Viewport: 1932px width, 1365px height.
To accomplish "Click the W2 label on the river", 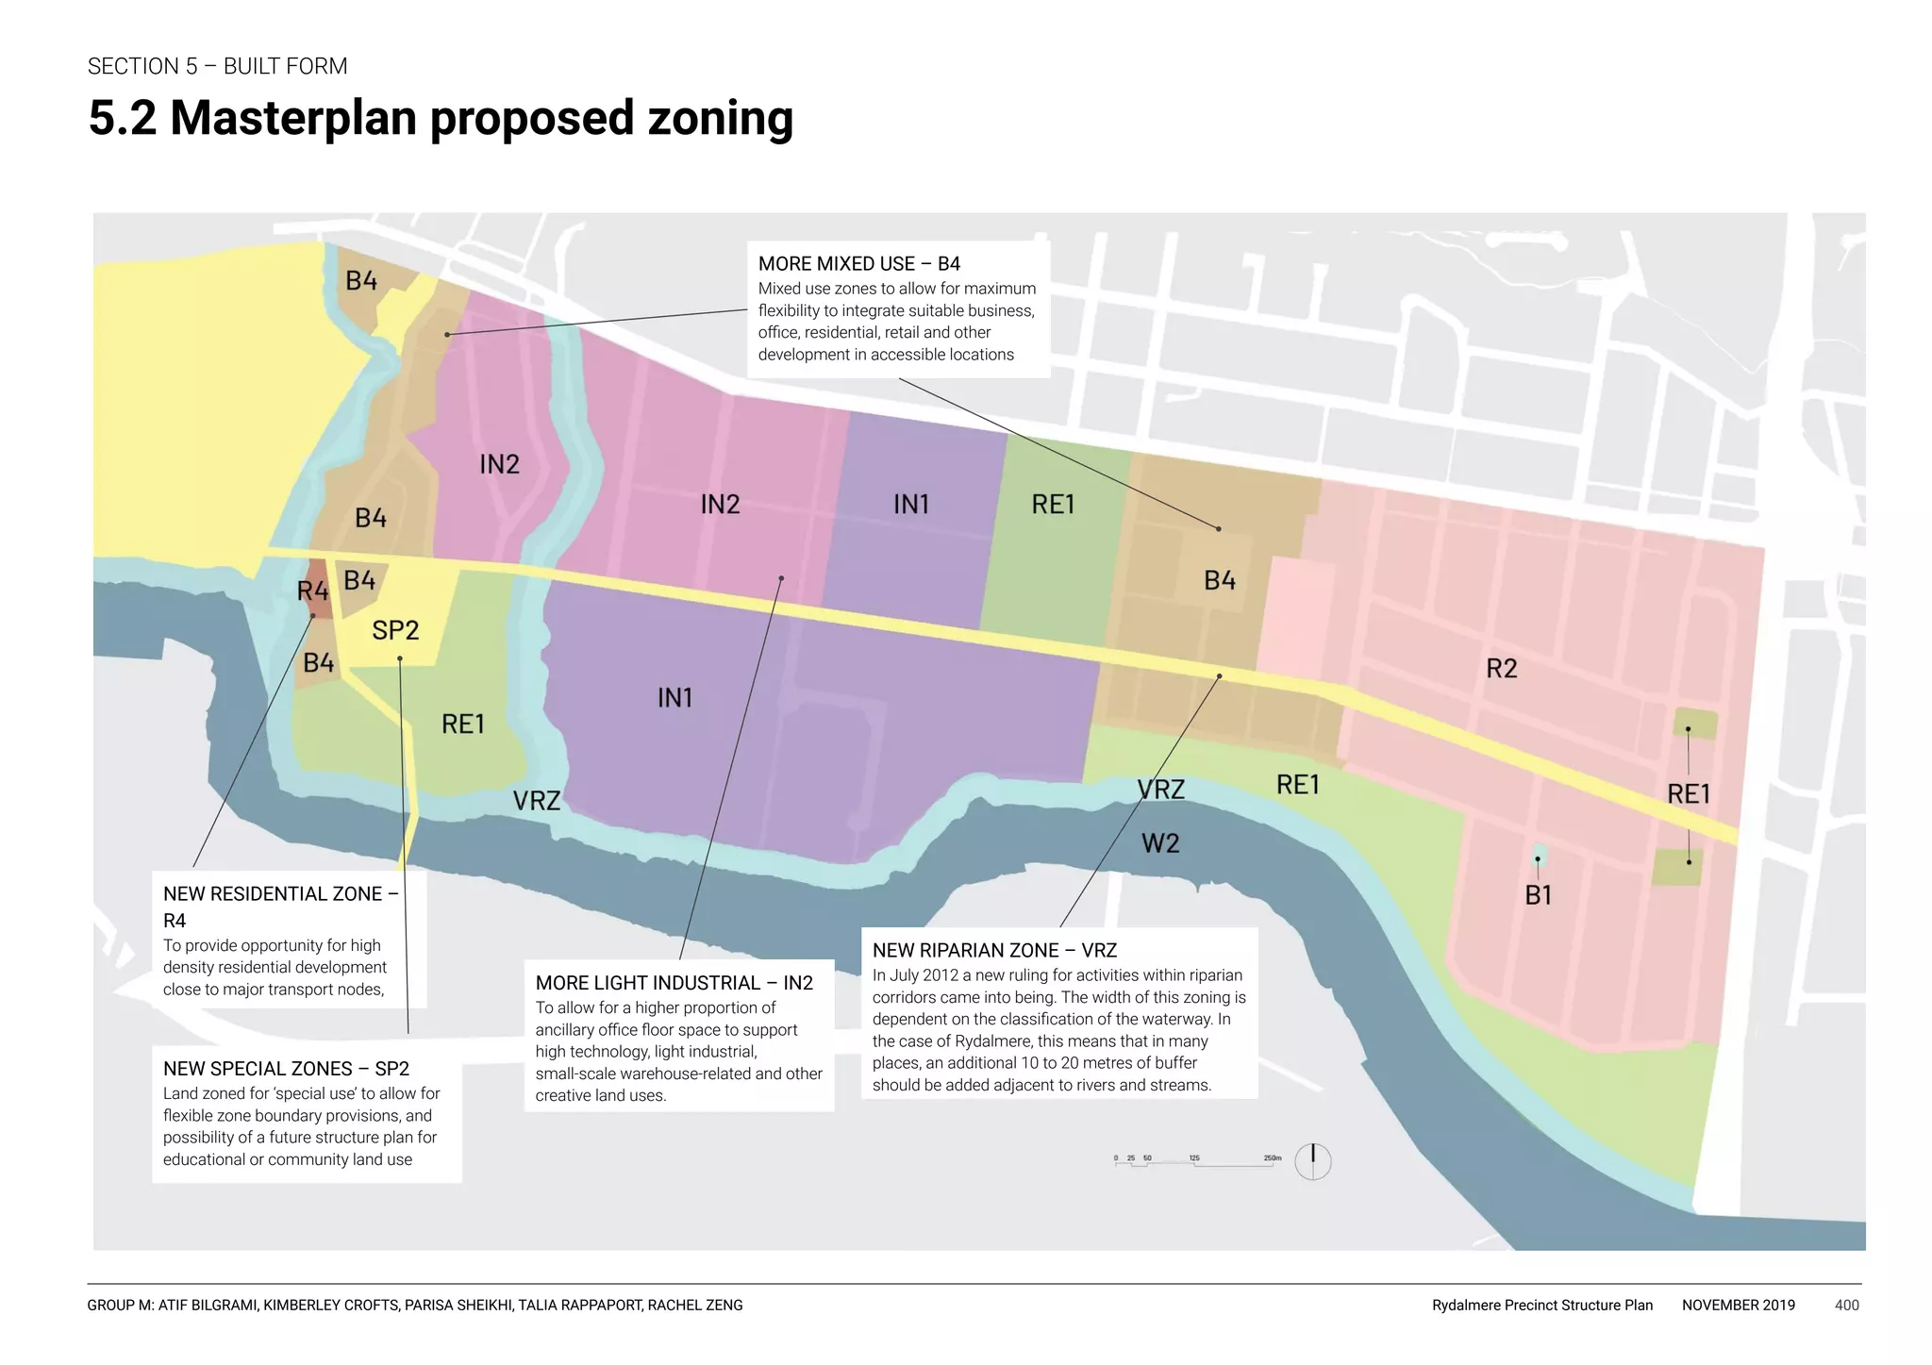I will (x=1160, y=843).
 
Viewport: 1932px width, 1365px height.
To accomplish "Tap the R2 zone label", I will (x=1501, y=669).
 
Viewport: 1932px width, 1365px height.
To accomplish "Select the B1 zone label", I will (x=1538, y=895).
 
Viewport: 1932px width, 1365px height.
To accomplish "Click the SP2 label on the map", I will (x=395, y=630).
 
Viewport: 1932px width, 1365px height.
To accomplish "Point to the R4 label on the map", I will (x=312, y=591).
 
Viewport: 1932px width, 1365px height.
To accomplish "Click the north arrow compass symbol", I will (x=1312, y=1161).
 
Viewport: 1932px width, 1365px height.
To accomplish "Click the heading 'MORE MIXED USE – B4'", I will (x=858, y=264).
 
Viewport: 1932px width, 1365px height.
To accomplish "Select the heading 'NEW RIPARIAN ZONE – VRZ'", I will (x=994, y=951).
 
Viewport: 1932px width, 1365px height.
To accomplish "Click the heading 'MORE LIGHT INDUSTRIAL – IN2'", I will (x=674, y=983).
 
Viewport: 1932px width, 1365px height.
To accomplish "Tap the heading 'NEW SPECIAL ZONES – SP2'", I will (x=286, y=1069).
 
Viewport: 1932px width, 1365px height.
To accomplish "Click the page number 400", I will (x=1846, y=1306).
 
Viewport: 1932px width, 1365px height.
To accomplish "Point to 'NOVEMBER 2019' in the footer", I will (x=1738, y=1306).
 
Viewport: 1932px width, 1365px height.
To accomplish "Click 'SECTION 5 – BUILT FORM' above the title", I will (x=218, y=66).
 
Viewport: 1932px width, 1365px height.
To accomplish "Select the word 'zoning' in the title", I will (x=720, y=119).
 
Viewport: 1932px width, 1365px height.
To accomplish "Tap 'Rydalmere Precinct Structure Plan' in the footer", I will (x=1541, y=1306).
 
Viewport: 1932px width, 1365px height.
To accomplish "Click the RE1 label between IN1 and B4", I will (x=1053, y=505).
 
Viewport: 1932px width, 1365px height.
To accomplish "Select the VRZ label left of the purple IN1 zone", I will (x=536, y=801).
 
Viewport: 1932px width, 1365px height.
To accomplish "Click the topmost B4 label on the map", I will (x=361, y=281).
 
